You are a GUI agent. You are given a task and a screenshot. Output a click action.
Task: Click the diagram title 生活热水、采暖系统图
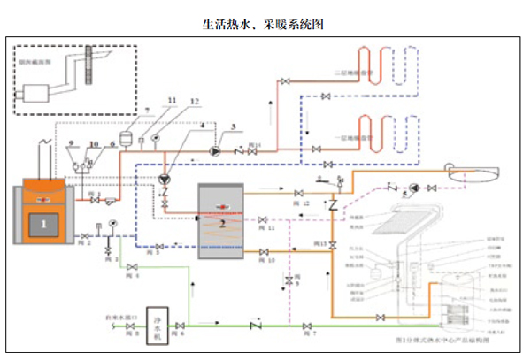coord(265,24)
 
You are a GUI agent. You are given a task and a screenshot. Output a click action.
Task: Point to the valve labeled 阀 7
coord(307,326)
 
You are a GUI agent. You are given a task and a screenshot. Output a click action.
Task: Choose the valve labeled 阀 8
coord(132,326)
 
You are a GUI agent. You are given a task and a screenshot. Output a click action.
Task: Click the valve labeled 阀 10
coord(262,252)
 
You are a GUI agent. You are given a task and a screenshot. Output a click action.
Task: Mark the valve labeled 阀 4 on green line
coord(131,266)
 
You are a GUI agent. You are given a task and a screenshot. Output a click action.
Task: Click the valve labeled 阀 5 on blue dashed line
coord(158,246)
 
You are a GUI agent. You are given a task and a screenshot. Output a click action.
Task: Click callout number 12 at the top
coord(194,103)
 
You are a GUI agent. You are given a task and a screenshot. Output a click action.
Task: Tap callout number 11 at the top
coord(172,102)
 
